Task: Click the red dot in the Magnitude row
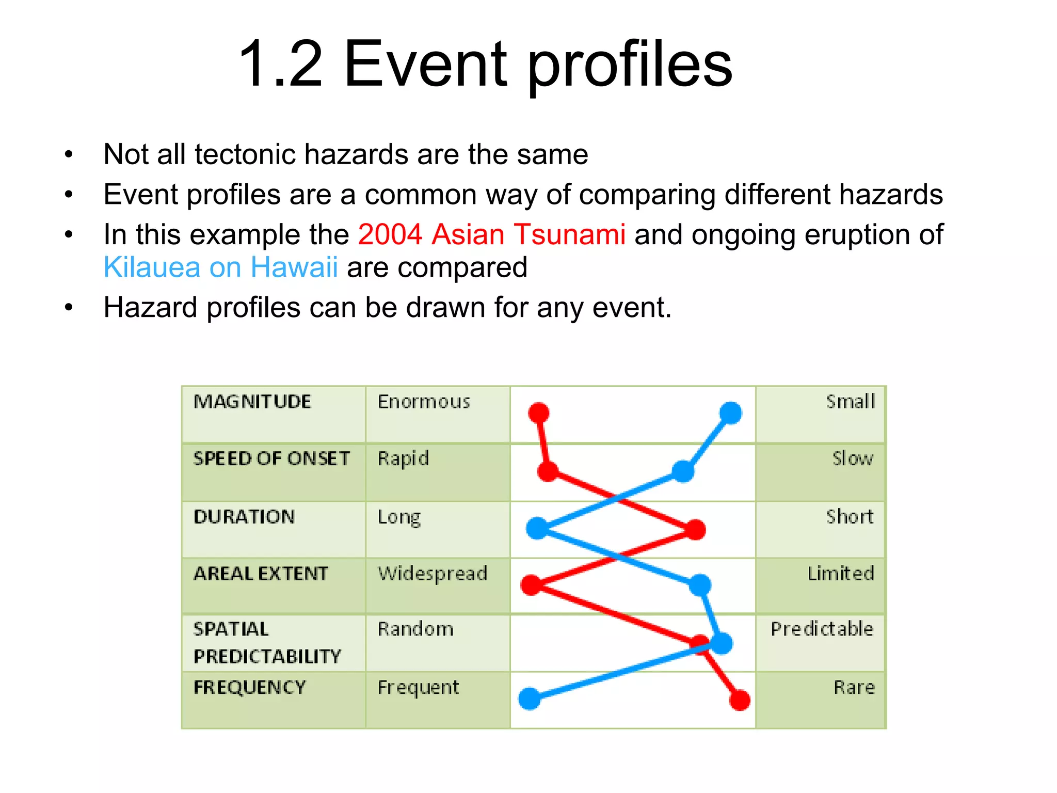coord(539,413)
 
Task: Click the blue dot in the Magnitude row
coord(730,413)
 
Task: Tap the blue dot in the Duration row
coord(537,528)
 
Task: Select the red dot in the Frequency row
coord(740,700)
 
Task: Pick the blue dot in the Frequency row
coord(530,699)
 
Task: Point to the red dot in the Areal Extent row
coord(531,585)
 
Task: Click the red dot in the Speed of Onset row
coord(548,471)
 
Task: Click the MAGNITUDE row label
coord(252,402)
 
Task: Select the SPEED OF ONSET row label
coord(271,458)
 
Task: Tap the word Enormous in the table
coord(424,402)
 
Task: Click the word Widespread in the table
coord(433,574)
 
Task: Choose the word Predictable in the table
coord(822,629)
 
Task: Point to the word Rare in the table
coord(854,688)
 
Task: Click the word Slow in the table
coord(852,458)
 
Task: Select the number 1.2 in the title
coord(281,64)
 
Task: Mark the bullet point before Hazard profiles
coord(69,308)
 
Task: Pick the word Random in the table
coord(415,629)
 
